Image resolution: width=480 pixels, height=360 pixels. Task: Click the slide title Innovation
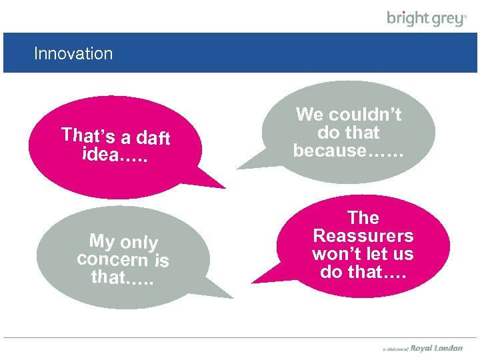73,53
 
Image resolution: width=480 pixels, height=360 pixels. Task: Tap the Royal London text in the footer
437,348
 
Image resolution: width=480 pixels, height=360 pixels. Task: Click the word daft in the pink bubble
153,138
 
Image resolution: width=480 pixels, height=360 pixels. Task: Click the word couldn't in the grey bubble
365,115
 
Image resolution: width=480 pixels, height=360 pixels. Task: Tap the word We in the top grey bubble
309,115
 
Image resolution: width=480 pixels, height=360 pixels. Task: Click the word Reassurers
363,236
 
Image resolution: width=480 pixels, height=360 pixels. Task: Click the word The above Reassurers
363,218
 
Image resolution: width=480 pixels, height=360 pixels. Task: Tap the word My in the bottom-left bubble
102,240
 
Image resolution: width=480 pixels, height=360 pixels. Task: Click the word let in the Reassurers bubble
382,254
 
